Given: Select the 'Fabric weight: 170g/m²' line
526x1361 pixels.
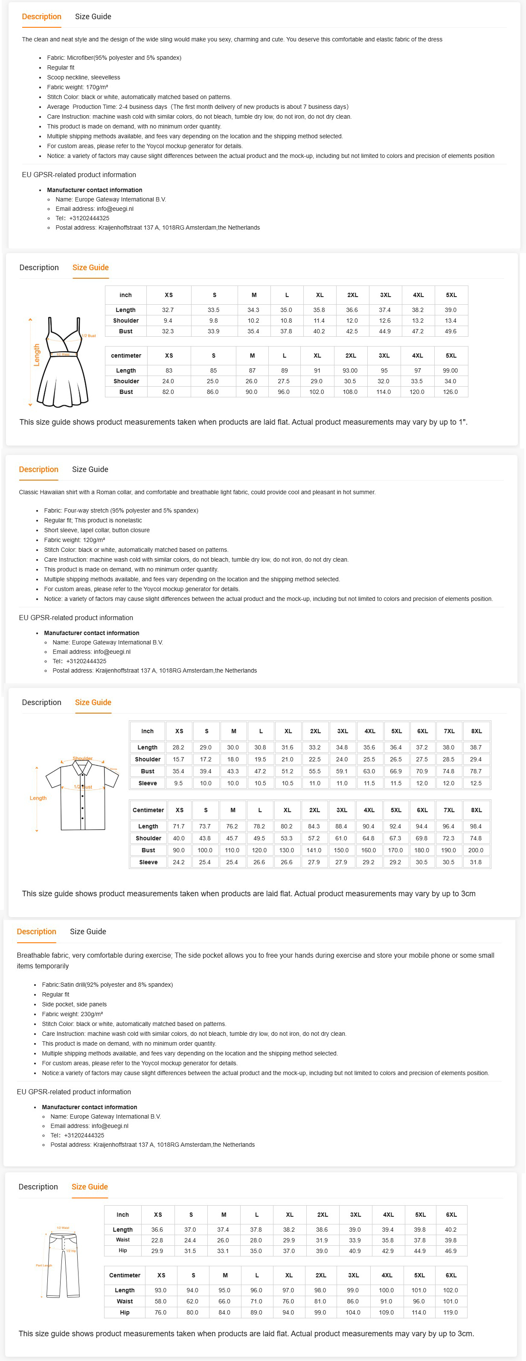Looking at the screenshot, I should click(x=77, y=87).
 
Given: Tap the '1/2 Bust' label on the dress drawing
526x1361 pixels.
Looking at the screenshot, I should click(x=89, y=336).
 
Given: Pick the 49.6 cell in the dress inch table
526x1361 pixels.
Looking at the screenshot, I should click(x=450, y=331).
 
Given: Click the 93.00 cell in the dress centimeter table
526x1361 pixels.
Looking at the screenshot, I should click(x=350, y=370).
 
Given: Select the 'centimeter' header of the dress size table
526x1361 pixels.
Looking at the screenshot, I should click(x=126, y=356).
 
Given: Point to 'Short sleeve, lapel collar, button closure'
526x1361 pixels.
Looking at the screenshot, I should click(x=97, y=530).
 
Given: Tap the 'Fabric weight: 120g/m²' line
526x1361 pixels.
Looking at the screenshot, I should click(x=75, y=540).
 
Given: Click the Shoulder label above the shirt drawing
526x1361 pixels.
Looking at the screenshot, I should click(x=82, y=758).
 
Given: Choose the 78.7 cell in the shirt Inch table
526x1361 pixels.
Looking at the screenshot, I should click(x=476, y=771).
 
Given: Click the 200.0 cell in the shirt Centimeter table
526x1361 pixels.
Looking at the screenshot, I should click(x=476, y=850).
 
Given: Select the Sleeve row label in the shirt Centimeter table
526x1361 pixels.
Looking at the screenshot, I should click(x=148, y=862).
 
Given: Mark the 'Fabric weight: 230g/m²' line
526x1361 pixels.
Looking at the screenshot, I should click(x=73, y=1014).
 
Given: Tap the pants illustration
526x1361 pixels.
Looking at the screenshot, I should click(x=62, y=1265).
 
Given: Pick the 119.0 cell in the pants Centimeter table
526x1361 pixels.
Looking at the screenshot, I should click(x=450, y=1312).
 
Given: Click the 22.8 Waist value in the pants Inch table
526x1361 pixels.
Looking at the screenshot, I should click(x=157, y=1240).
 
